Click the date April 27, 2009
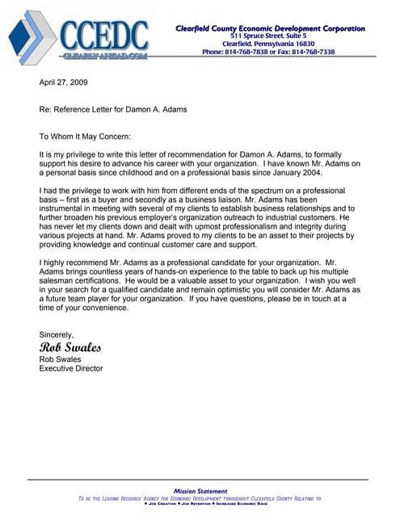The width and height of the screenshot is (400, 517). point(64,82)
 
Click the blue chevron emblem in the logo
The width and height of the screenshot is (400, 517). point(32,38)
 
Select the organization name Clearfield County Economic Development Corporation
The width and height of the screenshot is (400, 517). point(270,28)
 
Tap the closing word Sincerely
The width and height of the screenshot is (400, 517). point(57,334)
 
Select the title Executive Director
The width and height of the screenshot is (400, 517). point(71,368)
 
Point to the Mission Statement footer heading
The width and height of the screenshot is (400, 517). point(200,491)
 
